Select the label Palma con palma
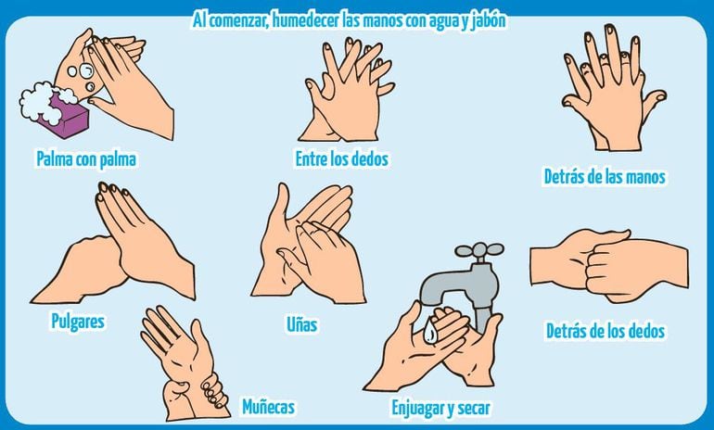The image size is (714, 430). [86, 159]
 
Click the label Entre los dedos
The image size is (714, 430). [342, 158]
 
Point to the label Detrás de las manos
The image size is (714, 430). [605, 177]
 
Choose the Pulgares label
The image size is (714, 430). [78, 322]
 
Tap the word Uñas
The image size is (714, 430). [302, 324]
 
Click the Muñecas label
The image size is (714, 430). [268, 406]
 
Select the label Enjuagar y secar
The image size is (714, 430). [441, 408]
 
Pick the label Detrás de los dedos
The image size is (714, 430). [606, 331]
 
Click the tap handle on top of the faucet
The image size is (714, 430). [479, 250]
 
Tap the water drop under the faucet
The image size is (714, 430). [431, 331]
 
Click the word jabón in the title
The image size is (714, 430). [489, 21]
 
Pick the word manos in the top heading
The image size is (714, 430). [383, 21]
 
